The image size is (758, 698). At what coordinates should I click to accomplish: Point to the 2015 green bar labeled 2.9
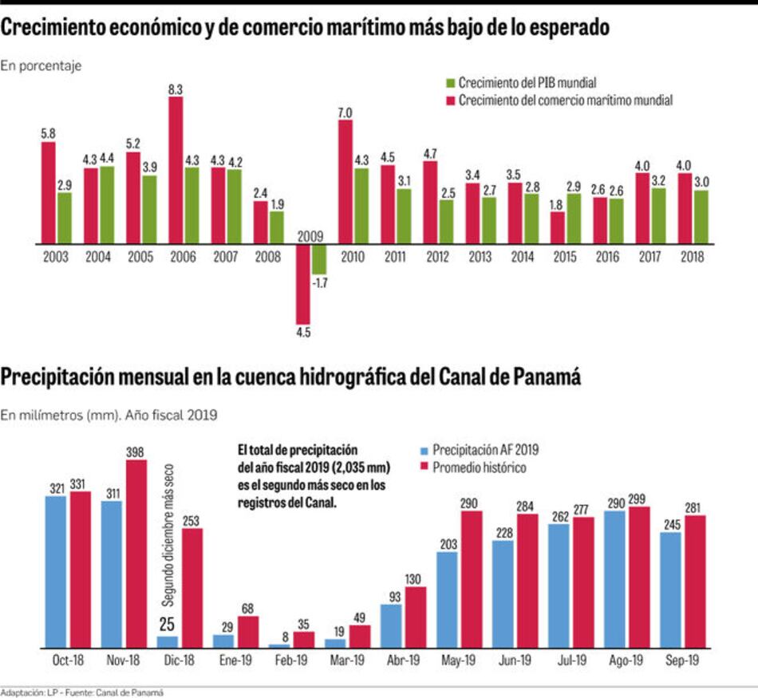pyautogui.click(x=574, y=219)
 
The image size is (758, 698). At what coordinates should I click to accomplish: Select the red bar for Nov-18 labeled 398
pyautogui.click(x=136, y=553)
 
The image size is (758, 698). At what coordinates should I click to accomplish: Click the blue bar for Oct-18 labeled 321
pyautogui.click(x=56, y=570)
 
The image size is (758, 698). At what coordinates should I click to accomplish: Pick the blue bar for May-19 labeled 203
pyautogui.click(x=448, y=598)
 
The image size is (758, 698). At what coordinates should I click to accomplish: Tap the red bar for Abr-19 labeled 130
pyautogui.click(x=416, y=617)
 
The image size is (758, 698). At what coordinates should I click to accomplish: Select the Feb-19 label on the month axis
pyautogui.click(x=292, y=662)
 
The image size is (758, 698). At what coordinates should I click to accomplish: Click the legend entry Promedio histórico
pyautogui.click(x=479, y=467)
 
